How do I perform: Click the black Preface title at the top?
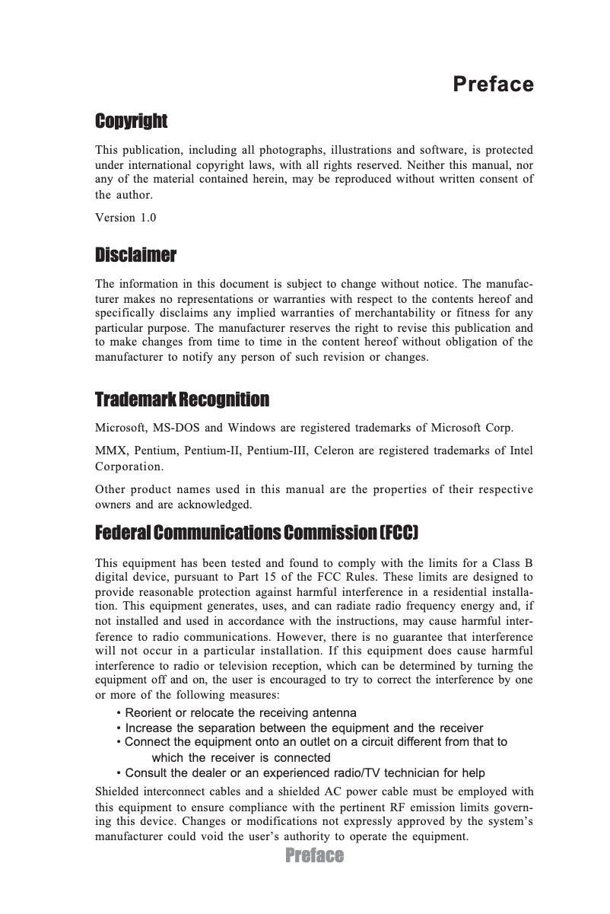click(x=493, y=84)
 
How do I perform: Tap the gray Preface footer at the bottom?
click(x=314, y=856)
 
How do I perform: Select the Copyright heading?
click(x=131, y=121)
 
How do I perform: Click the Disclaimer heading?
click(x=135, y=253)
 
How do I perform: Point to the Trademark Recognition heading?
click(x=182, y=400)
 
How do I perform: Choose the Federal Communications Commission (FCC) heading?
click(x=256, y=532)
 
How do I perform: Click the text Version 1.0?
click(x=125, y=218)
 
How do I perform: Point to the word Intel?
click(x=521, y=451)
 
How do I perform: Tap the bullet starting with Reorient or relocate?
click(x=236, y=713)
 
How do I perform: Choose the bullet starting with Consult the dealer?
click(x=300, y=772)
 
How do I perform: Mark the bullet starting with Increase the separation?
click(x=300, y=728)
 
